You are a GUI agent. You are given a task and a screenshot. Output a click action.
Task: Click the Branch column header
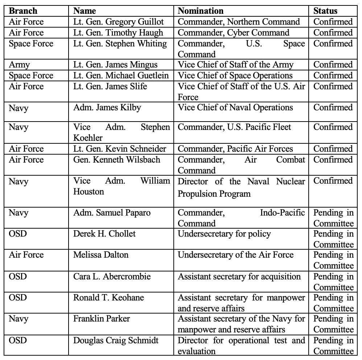pyautogui.click(x=23, y=11)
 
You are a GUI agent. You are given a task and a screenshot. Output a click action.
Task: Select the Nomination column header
pyautogui.click(x=201, y=11)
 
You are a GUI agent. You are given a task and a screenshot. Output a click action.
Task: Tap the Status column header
pyautogui.click(x=325, y=11)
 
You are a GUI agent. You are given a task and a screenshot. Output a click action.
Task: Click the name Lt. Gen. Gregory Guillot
pyautogui.click(x=118, y=21)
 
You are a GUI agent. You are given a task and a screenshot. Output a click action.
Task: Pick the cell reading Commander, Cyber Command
pyautogui.click(x=234, y=32)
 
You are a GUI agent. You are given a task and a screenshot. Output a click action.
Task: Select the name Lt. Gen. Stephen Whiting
pyautogui.click(x=120, y=44)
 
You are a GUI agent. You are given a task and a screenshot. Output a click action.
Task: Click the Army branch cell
pyautogui.click(x=19, y=65)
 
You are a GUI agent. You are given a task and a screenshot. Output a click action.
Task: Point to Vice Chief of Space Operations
pyautogui.click(x=235, y=75)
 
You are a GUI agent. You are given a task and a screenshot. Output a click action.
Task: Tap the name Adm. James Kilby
pyautogui.click(x=107, y=107)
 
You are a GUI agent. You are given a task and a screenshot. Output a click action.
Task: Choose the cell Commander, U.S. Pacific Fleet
pyautogui.click(x=234, y=127)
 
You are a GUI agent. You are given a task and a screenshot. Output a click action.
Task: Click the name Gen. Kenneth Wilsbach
pyautogui.click(x=116, y=160)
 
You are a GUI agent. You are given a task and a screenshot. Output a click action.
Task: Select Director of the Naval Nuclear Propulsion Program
pyautogui.click(x=241, y=187)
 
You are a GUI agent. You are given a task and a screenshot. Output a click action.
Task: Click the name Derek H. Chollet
pyautogui.click(x=104, y=234)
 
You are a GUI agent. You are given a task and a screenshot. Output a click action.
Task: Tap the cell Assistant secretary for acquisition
pyautogui.click(x=239, y=277)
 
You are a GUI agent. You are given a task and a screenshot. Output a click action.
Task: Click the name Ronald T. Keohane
pyautogui.click(x=108, y=298)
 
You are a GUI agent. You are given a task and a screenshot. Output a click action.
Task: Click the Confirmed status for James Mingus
pyautogui.click(x=333, y=65)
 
